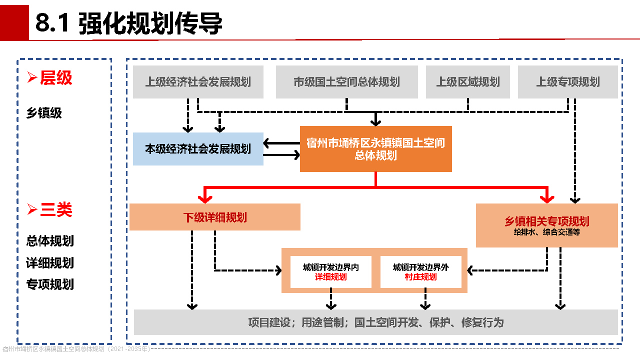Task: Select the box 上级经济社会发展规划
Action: tap(198, 82)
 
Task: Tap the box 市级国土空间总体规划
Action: tap(346, 82)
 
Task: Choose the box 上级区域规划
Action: tap(467, 82)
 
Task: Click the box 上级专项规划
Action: tap(567, 82)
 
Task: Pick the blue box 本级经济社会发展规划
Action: tap(198, 149)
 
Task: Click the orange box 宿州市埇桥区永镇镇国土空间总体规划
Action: tap(375, 149)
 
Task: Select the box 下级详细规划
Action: tap(214, 217)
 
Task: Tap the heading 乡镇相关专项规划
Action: tap(546, 221)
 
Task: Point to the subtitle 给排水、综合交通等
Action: tap(546, 232)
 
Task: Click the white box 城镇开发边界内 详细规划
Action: tap(330, 272)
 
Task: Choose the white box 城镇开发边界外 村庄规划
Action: tap(420, 272)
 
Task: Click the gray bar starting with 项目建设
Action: tap(375, 322)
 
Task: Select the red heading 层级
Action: tap(56, 78)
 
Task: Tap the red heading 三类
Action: tap(56, 210)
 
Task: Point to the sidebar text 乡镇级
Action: tap(44, 113)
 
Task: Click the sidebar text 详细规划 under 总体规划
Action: tap(50, 262)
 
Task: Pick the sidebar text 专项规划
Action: tap(50, 284)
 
